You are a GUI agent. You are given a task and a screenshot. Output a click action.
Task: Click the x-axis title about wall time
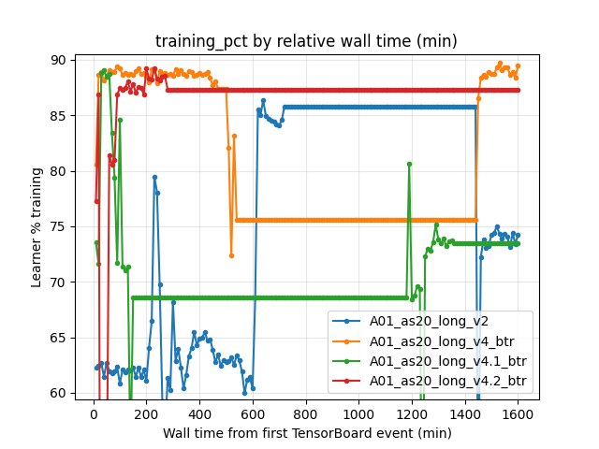click(306, 433)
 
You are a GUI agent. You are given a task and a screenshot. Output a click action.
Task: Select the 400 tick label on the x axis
click(199, 413)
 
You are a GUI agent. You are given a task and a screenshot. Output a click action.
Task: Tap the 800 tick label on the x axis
click(305, 413)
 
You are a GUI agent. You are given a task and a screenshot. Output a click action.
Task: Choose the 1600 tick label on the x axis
click(517, 413)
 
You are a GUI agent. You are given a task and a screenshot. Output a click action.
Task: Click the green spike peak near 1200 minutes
click(409, 164)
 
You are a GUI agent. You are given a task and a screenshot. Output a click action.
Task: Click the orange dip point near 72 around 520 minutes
click(231, 255)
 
